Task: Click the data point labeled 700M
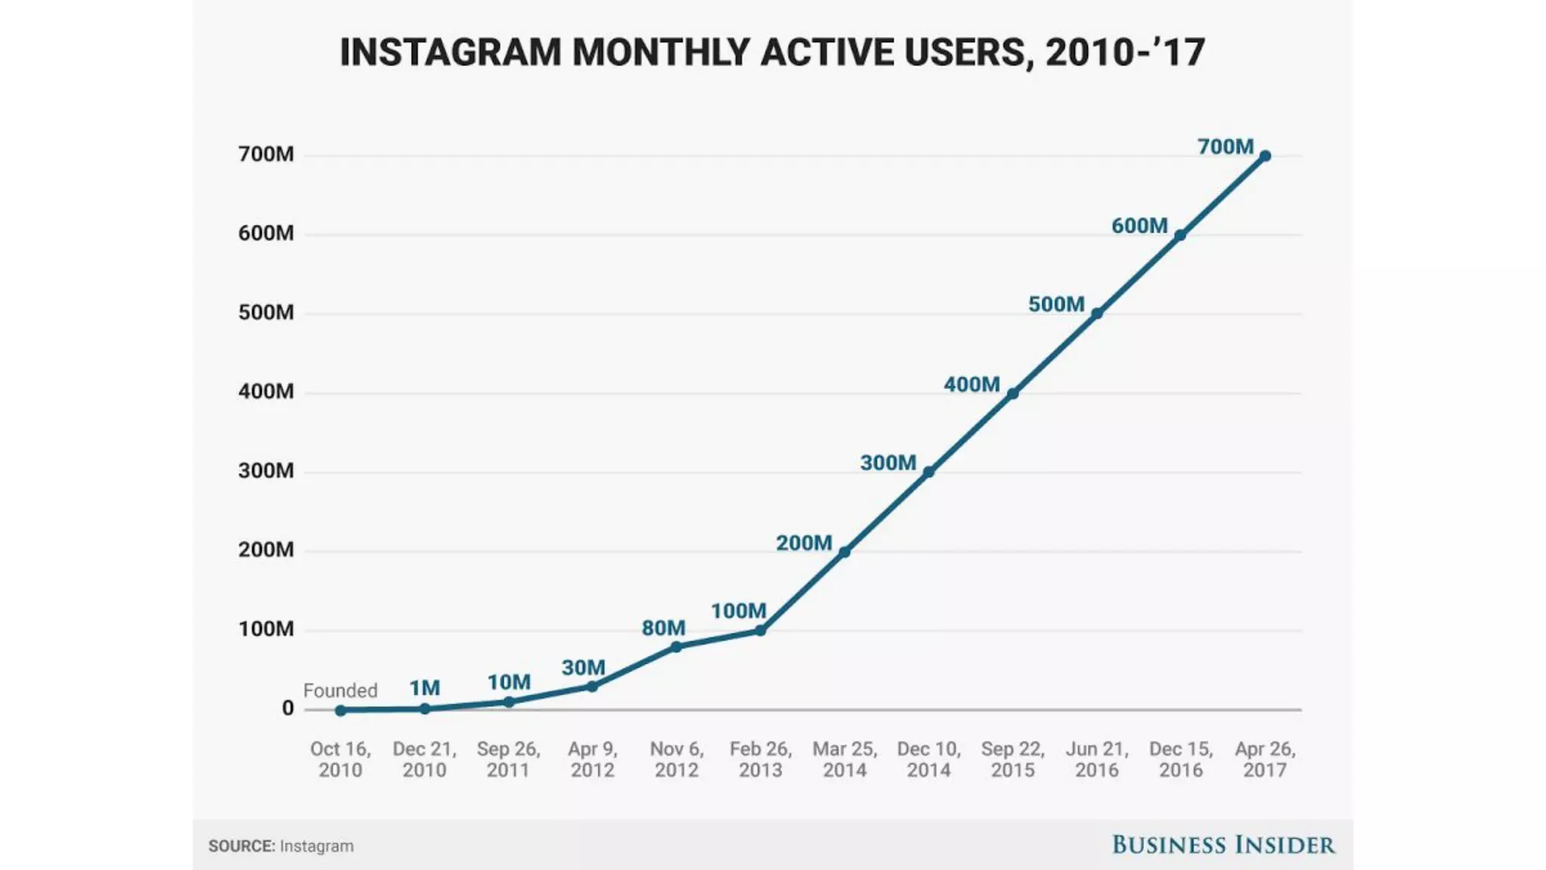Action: pos(1265,156)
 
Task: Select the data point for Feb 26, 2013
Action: pos(760,631)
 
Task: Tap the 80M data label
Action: pos(664,628)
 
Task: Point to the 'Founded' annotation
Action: pos(340,690)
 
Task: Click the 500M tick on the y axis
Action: pos(266,312)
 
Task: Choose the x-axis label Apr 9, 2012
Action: pos(593,759)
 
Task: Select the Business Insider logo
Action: pos(1223,845)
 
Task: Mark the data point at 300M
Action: pos(929,472)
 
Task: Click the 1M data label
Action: pos(424,688)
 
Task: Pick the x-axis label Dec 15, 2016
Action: pos(1181,759)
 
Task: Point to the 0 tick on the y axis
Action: pos(288,708)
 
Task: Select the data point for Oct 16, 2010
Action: pos(340,711)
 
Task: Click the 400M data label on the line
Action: pos(972,384)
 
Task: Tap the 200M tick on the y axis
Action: pos(266,549)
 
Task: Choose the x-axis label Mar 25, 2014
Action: pos(845,759)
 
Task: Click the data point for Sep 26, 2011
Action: pos(509,702)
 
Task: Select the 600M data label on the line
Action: pos(1139,226)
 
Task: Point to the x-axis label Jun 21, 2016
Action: pos(1097,759)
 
